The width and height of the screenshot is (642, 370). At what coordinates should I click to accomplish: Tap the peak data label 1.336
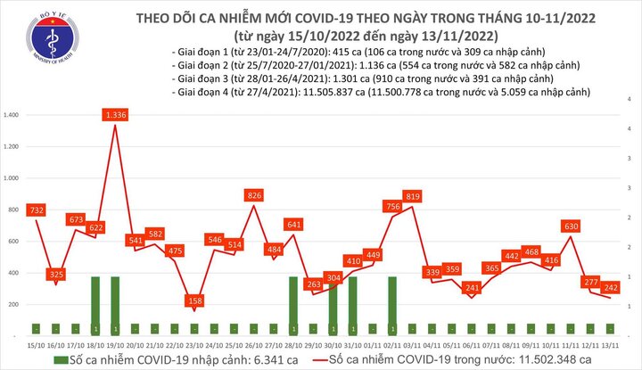[116, 114]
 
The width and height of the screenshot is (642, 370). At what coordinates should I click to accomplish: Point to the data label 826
[254, 195]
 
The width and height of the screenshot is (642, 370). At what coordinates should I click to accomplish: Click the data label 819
[412, 196]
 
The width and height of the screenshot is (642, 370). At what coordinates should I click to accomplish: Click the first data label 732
[37, 210]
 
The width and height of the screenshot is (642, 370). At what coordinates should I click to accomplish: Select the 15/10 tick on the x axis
[37, 344]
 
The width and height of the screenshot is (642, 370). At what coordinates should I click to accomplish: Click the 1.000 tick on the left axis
[12, 178]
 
